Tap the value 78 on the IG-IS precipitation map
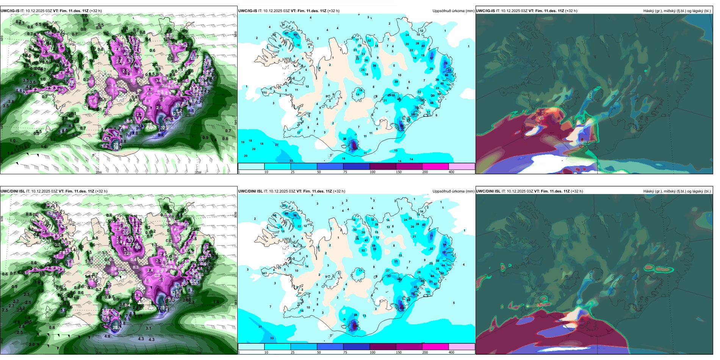click(x=446, y=63)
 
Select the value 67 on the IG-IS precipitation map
click(x=432, y=58)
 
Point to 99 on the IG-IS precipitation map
click(x=402, y=125)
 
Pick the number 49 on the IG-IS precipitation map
click(x=296, y=34)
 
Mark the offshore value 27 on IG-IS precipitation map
click(x=277, y=145)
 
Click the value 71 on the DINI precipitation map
click(x=431, y=236)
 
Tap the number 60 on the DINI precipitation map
click(x=286, y=213)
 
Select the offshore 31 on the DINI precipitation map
click(x=260, y=327)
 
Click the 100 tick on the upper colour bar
click(x=373, y=172)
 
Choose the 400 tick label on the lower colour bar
click(x=451, y=352)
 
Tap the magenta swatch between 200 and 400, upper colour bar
click(x=435, y=166)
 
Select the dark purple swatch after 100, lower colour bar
click(x=382, y=347)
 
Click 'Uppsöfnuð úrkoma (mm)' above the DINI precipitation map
click(x=453, y=191)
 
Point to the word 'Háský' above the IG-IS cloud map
click(x=649, y=11)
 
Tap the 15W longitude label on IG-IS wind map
click(x=198, y=172)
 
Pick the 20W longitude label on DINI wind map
click(x=99, y=353)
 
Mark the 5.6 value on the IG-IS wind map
click(x=19, y=91)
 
